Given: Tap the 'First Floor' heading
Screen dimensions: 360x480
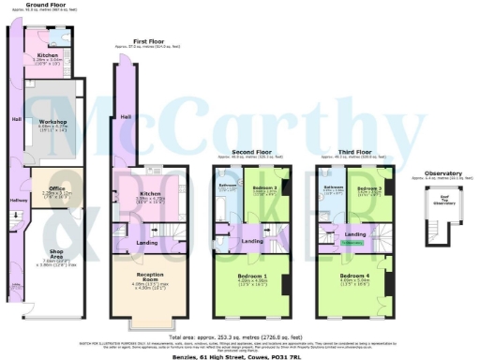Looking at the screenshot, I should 149,42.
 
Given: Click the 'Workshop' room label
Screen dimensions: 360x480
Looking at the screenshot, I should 52,121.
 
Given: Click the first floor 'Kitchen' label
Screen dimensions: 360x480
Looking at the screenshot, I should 139,193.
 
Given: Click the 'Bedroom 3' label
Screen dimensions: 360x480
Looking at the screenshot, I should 371,187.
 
